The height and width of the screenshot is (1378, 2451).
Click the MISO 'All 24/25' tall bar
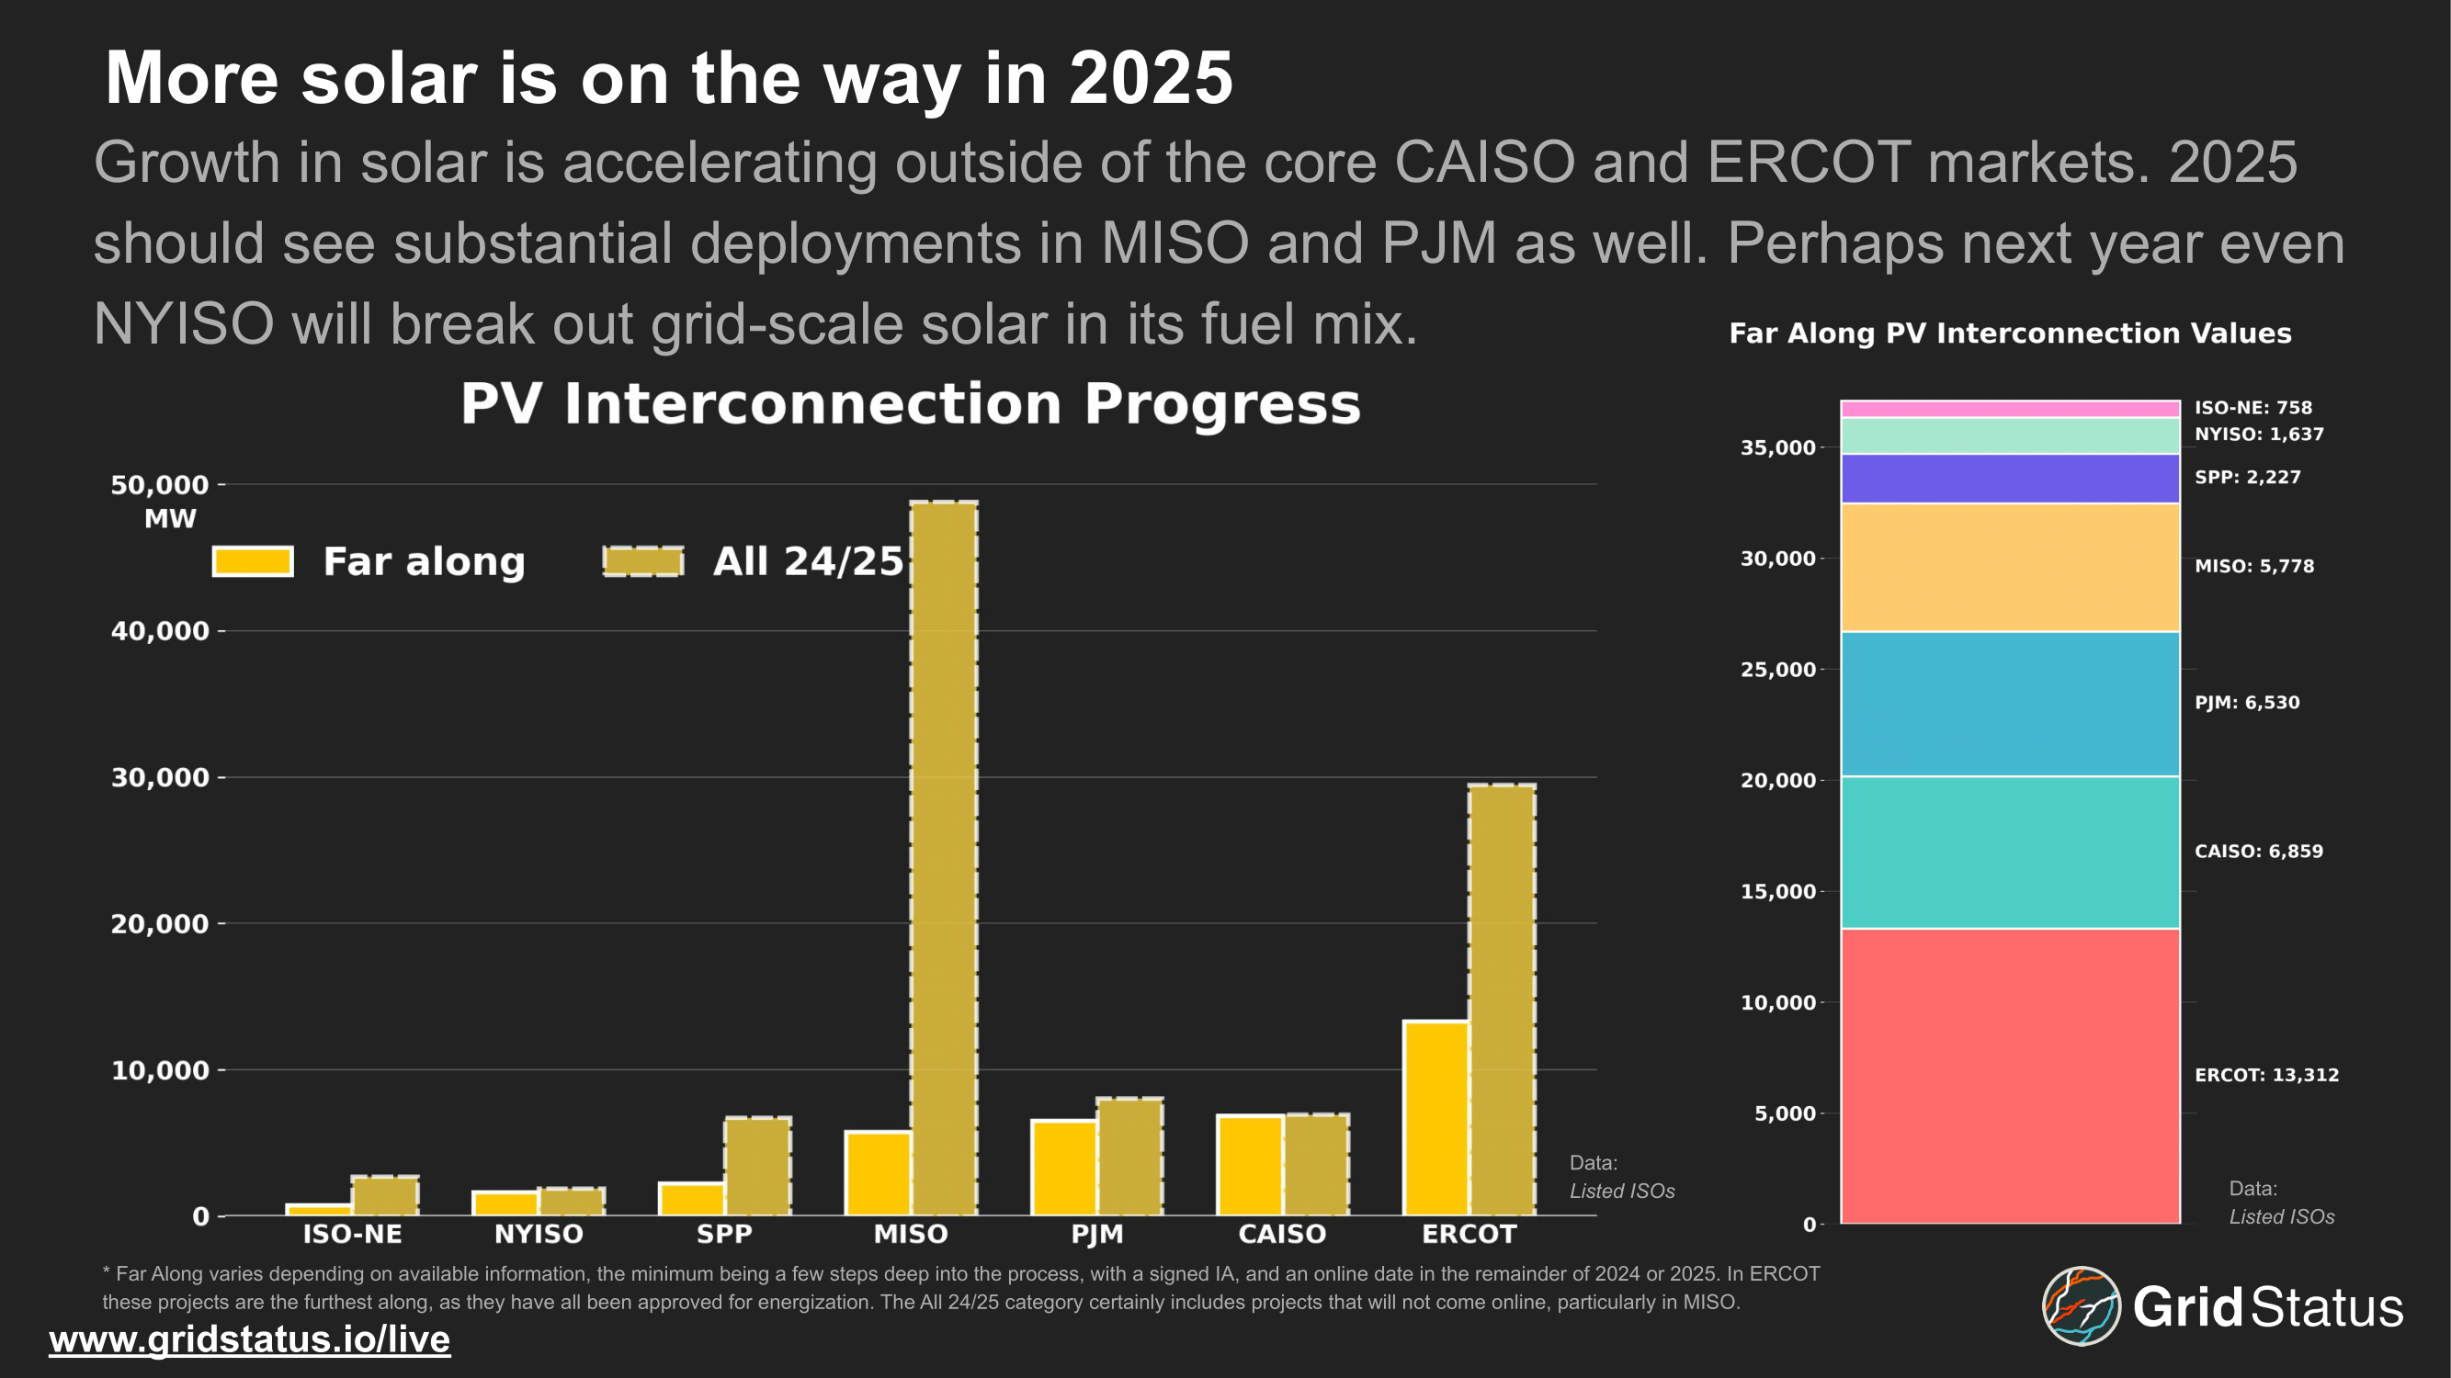[x=943, y=856]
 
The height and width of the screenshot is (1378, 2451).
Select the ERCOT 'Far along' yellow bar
[x=1435, y=1117]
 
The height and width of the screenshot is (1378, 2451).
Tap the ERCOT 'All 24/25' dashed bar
[x=1502, y=999]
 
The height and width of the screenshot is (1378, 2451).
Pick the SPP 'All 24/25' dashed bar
[x=757, y=1166]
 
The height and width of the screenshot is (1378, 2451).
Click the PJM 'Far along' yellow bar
[x=1063, y=1167]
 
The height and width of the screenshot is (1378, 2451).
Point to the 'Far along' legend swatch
[x=252, y=561]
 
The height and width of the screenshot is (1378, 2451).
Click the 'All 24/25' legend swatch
[x=643, y=561]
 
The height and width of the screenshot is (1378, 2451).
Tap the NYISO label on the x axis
[x=539, y=1235]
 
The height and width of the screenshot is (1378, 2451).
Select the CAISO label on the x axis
[x=1282, y=1235]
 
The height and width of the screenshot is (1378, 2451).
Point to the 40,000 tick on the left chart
[x=160, y=630]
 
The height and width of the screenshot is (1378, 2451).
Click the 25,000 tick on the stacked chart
[x=1777, y=670]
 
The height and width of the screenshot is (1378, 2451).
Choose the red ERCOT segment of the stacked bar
[x=2010, y=1075]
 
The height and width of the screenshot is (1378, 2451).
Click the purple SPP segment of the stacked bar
[x=2010, y=479]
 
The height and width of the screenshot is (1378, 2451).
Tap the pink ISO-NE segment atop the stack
[x=2010, y=409]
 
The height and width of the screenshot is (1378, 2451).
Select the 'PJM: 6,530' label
[x=2246, y=703]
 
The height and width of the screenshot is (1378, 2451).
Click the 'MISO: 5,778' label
[x=2254, y=566]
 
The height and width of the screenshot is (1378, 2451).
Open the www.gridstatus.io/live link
[x=249, y=1339]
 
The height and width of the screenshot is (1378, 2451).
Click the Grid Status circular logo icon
[x=2081, y=1305]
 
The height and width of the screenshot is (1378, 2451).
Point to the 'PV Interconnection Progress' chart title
[x=911, y=403]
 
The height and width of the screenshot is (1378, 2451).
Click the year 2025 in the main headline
[x=1151, y=78]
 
